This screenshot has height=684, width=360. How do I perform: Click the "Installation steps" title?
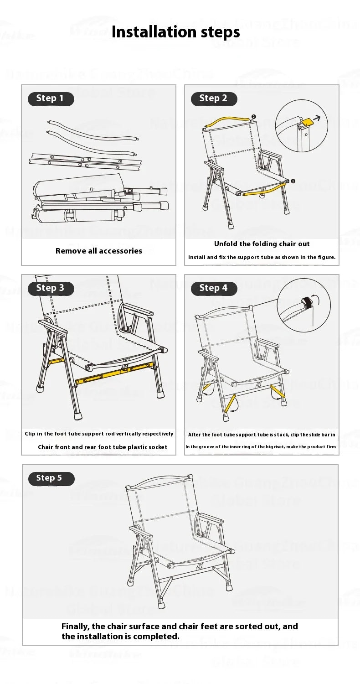175,32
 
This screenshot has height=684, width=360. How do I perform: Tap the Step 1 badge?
51,98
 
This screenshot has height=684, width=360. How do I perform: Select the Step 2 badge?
214,98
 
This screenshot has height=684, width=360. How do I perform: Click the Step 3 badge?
51,288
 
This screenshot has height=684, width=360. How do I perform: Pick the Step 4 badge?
214,288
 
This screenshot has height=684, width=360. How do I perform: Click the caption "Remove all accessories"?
99,251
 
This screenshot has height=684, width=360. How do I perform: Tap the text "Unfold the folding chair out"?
262,244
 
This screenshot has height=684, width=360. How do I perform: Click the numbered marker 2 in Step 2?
254,117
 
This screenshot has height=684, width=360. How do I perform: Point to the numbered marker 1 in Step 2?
293,181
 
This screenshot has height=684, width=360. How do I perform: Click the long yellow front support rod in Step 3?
114,373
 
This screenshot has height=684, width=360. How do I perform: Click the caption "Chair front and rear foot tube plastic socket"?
103,447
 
